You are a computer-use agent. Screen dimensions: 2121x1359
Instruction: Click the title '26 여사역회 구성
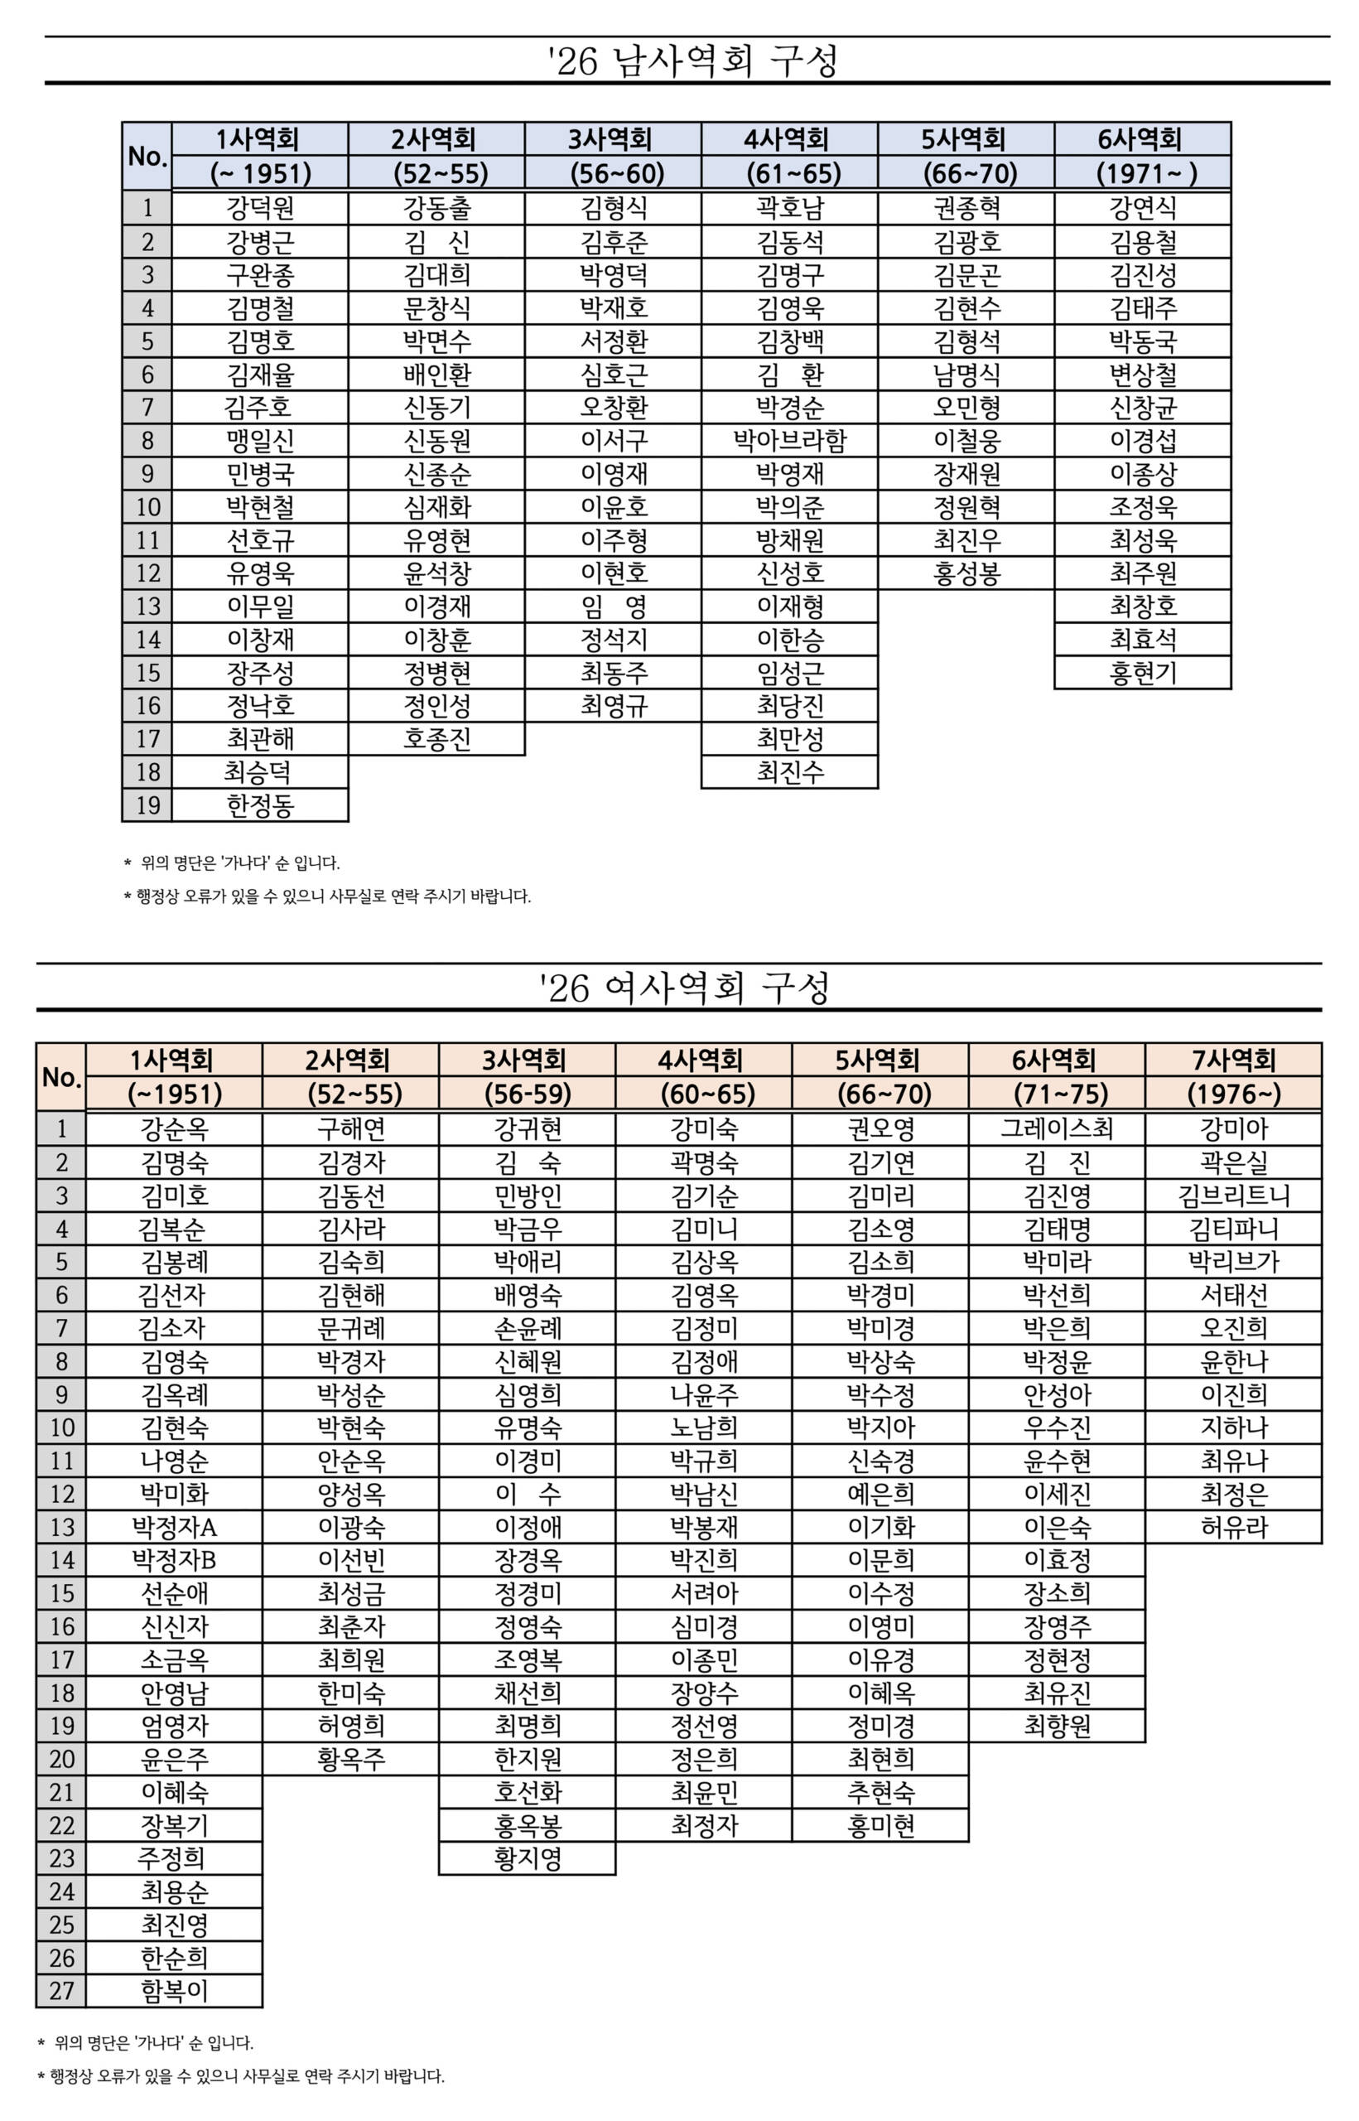pos(685,988)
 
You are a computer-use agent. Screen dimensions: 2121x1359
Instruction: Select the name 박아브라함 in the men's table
pos(790,441)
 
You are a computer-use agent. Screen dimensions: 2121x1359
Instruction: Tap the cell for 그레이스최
pos(1057,1128)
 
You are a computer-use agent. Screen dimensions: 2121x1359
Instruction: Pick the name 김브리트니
pos(1233,1195)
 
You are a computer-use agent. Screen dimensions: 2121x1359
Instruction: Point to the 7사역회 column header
pos(1233,1060)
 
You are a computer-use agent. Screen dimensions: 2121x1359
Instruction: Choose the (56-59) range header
pos(527,1094)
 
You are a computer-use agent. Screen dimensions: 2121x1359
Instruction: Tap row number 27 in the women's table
pos(61,1990)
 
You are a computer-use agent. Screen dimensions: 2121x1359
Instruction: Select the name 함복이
pos(174,1990)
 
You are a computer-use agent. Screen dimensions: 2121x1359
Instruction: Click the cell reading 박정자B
pos(174,1559)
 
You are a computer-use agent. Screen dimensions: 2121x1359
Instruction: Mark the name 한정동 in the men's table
pos(259,805)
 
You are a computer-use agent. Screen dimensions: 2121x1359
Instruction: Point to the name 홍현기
pos(1143,673)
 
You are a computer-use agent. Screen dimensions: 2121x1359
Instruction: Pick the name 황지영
pos(527,1858)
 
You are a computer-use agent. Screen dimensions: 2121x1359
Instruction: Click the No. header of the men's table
pos(147,157)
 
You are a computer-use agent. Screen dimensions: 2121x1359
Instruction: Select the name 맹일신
pos(259,441)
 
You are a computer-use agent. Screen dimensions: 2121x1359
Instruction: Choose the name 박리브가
pos(1233,1261)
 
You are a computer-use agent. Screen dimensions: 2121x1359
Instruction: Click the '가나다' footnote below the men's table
pos(239,862)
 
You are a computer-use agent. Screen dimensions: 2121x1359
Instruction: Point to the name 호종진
pos(436,739)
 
